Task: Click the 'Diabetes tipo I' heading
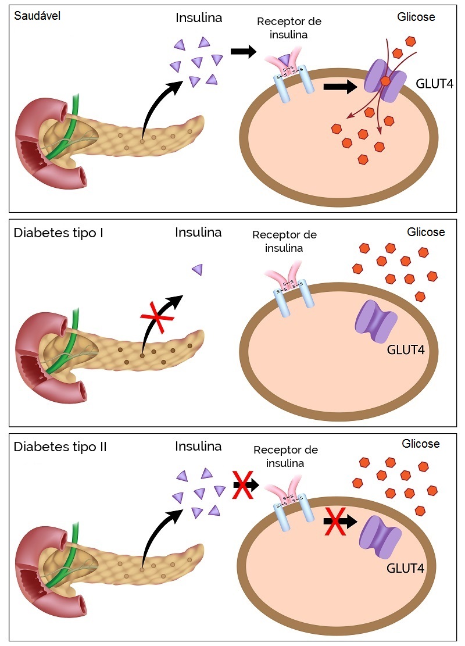point(58,234)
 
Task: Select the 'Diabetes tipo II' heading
point(60,447)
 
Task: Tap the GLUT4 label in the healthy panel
point(435,84)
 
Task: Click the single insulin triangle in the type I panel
point(198,269)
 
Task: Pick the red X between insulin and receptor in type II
point(242,484)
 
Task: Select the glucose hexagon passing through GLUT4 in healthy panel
point(385,81)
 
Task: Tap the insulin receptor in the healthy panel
point(289,76)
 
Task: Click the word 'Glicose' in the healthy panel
point(416,17)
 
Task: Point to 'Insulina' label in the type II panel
point(198,447)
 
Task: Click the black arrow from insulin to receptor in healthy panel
point(243,52)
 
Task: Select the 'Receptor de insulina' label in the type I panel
point(284,241)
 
